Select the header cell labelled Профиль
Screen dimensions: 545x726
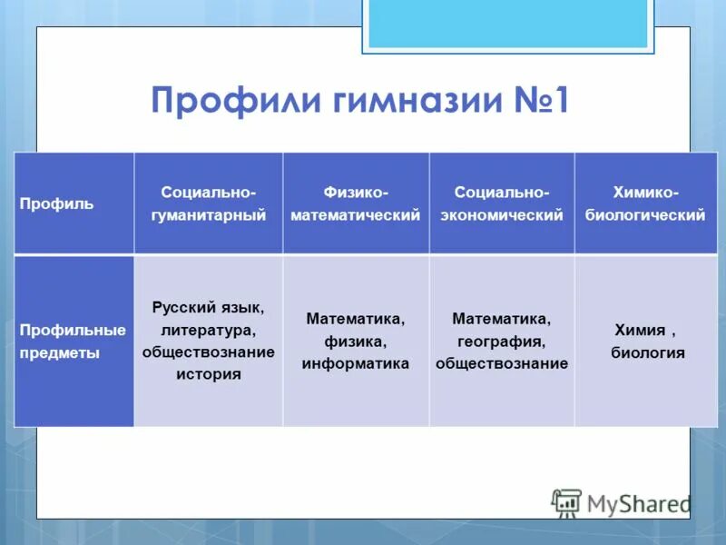click(x=57, y=203)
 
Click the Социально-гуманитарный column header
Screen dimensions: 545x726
click(x=208, y=203)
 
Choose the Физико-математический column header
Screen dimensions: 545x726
click(x=356, y=203)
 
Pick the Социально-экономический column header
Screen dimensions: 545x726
click(x=501, y=203)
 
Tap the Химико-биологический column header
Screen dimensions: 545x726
click(x=645, y=203)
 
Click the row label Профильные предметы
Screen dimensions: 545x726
click(x=73, y=342)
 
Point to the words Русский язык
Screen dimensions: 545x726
click(x=208, y=308)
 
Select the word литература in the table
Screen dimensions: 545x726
click(x=208, y=330)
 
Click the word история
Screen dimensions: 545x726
click(x=208, y=373)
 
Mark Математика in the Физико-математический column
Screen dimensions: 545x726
click(x=356, y=320)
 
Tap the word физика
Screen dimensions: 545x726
click(x=356, y=342)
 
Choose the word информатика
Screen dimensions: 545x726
click(x=356, y=363)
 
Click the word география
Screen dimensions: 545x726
click(x=501, y=342)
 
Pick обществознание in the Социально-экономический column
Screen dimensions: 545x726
click(x=501, y=363)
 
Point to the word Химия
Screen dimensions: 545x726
click(x=641, y=331)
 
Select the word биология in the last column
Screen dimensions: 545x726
click(x=647, y=353)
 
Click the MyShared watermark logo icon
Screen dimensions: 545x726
click(x=567, y=502)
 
